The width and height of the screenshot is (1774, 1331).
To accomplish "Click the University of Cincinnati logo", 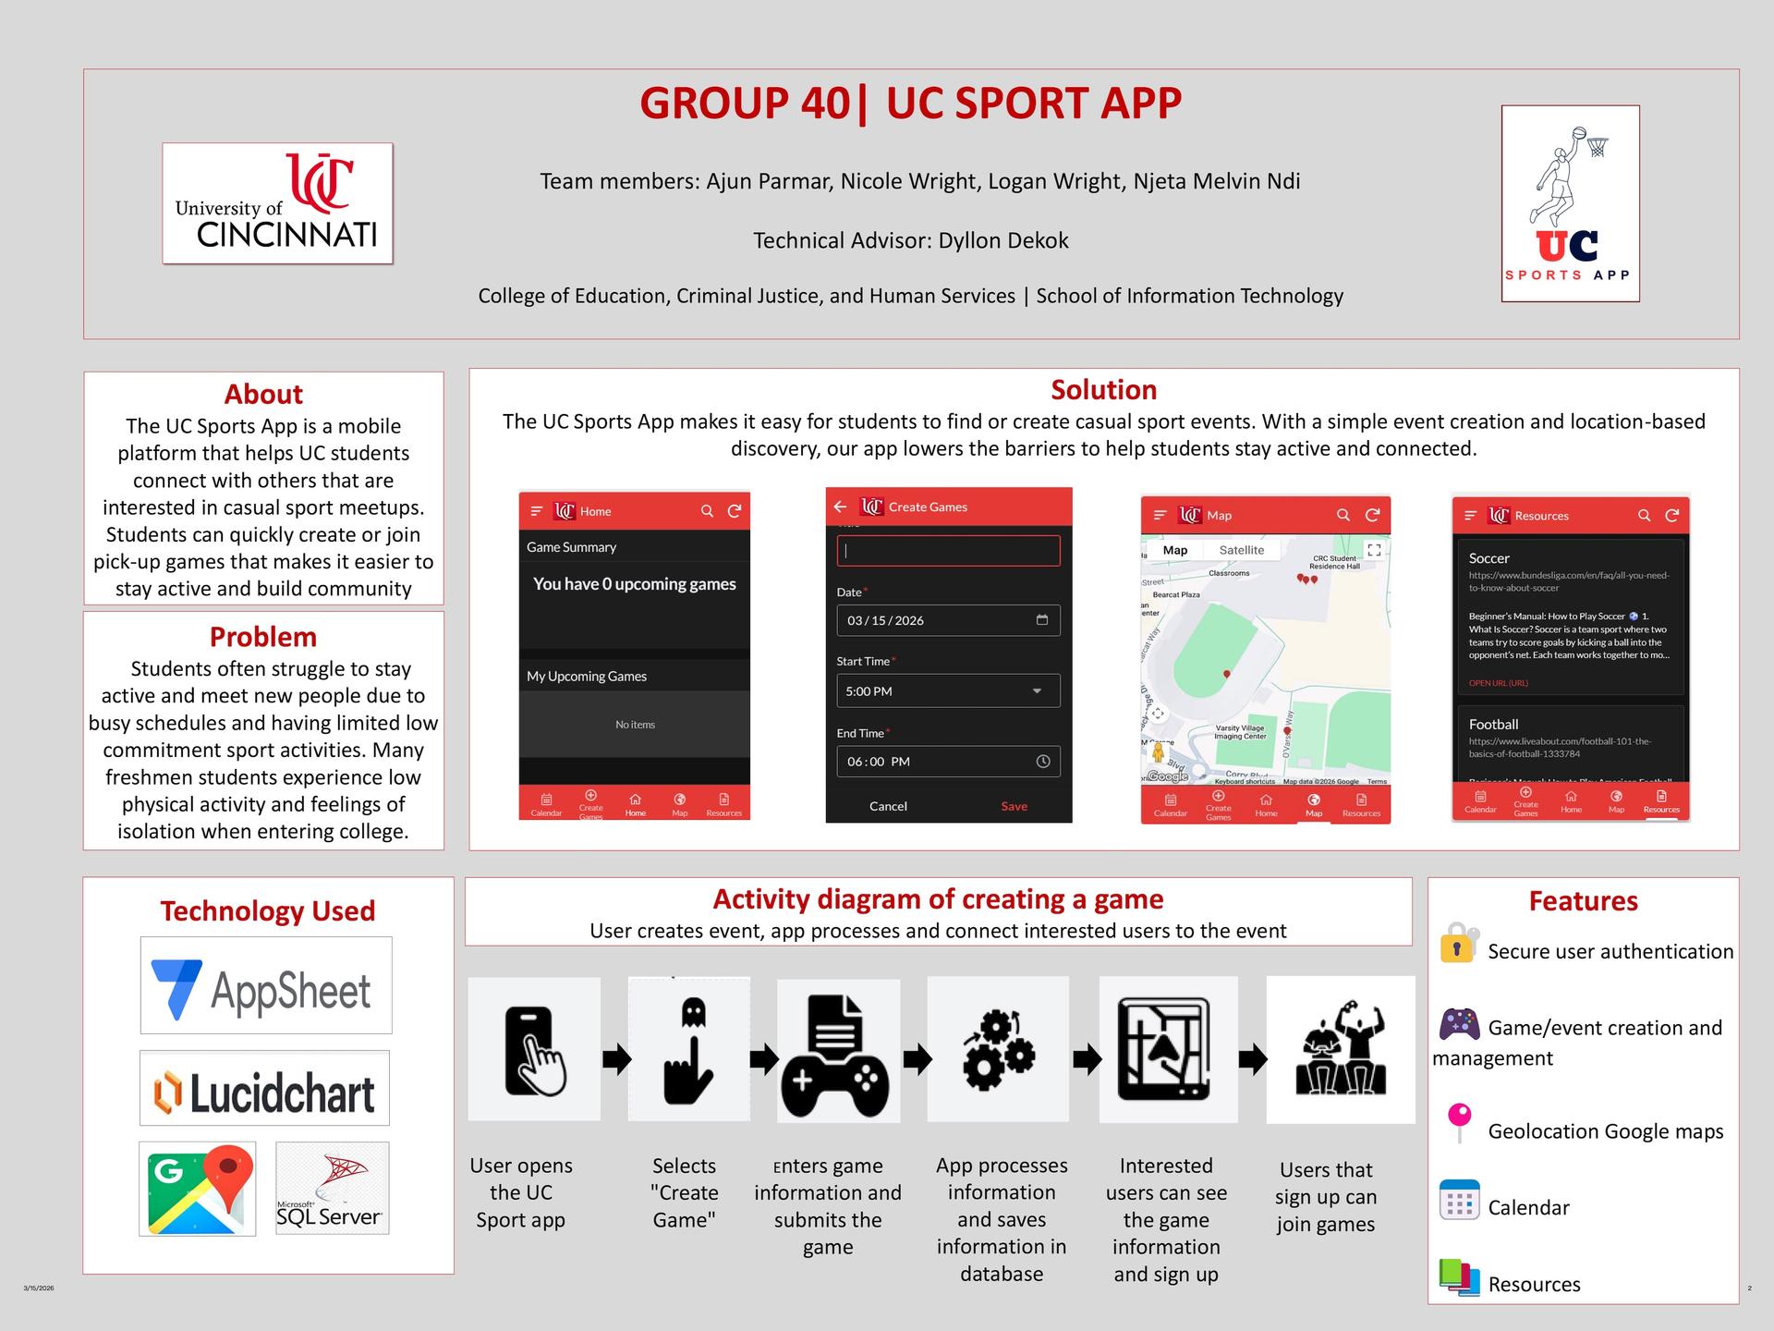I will (277, 203).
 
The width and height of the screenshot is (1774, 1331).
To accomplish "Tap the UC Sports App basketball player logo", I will (1570, 203).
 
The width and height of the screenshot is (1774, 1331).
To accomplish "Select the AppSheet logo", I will (266, 985).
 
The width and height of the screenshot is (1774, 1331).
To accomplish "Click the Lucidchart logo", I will (264, 1088).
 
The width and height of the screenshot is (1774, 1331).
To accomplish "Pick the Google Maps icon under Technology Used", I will (198, 1189).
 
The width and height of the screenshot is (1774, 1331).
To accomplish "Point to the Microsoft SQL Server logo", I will (332, 1189).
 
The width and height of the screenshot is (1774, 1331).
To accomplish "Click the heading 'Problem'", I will (263, 637).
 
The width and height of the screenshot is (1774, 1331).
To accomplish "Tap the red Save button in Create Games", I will (1014, 806).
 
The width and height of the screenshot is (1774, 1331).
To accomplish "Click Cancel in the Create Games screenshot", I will (888, 806).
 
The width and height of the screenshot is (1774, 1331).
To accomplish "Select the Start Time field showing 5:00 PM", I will (948, 691).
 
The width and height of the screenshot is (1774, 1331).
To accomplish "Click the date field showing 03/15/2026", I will (948, 620).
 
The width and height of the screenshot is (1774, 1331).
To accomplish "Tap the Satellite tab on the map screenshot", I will (1241, 550).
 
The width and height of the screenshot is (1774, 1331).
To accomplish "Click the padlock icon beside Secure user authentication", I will (1459, 944).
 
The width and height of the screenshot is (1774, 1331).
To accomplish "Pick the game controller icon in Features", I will (1459, 1023).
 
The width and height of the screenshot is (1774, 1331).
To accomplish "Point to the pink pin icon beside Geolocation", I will (1459, 1122).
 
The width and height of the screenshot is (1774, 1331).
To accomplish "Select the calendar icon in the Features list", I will (1459, 1200).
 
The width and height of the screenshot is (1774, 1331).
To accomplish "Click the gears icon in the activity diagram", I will (998, 1051).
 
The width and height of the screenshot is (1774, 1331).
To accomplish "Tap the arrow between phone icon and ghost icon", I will (616, 1058).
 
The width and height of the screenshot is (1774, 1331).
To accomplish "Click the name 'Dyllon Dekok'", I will (1002, 240).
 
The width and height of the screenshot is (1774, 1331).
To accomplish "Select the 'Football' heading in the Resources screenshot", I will (1493, 725).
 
